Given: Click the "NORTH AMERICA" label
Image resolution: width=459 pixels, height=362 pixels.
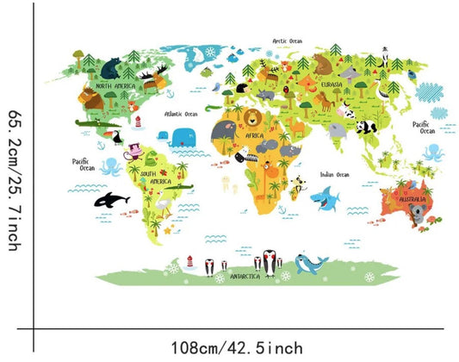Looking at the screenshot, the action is (115, 86).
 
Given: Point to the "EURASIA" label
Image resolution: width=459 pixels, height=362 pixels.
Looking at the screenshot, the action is (332, 84).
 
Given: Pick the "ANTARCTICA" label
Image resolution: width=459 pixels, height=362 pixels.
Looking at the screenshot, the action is (247, 277).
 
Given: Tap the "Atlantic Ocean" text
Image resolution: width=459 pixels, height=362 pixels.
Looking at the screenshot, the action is (180, 113).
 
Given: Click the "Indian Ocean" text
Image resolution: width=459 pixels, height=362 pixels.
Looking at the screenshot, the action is (334, 175).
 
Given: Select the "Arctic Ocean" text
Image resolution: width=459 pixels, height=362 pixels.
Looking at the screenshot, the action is (288, 41).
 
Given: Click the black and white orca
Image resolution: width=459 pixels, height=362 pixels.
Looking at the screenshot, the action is (114, 200).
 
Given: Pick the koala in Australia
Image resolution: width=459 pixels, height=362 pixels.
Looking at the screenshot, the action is (419, 216).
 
